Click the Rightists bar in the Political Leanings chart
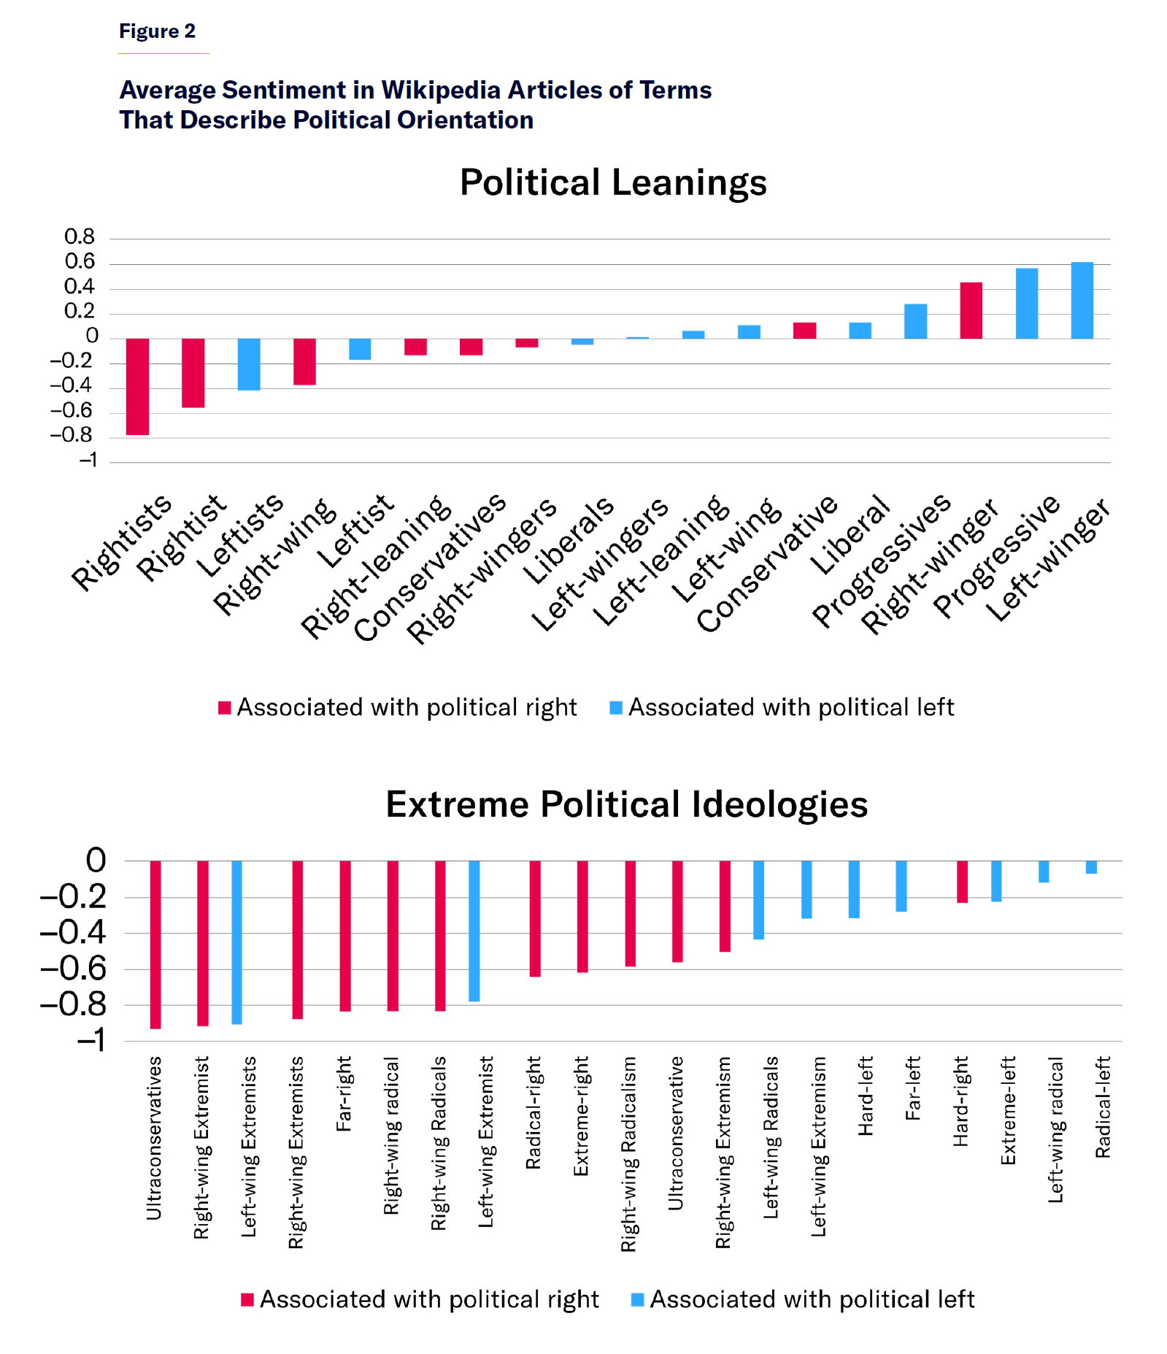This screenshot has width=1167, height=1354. pos(137,386)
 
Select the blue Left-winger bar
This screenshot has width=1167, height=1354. pos(1082,300)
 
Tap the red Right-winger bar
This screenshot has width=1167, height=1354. pos(971,310)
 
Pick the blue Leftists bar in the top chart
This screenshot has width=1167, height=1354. pos(249,364)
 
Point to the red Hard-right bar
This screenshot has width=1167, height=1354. pos(962,882)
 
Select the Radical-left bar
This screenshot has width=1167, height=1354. pos(1091,867)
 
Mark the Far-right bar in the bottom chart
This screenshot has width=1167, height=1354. pos(345,935)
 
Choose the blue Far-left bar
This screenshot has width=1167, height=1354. pos(901,886)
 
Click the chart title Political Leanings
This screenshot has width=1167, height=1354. pos(612,182)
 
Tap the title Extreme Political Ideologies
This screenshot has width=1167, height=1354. pos(626,804)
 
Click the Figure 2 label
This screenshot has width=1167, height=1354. pos(157,31)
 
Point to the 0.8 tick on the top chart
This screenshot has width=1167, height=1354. pos(80,236)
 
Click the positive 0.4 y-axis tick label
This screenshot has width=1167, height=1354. pos(80,287)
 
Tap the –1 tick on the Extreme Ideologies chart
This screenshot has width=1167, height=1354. pos(92,1039)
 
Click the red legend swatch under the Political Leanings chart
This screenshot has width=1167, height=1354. pos(225,707)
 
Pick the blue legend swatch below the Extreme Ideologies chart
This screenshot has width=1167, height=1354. pos(637,1300)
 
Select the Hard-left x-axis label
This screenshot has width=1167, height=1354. pos(866,1096)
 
